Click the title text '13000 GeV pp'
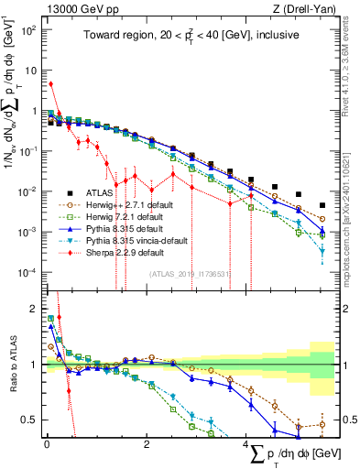[x=67, y=8]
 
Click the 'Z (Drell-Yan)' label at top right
[x=305, y=8]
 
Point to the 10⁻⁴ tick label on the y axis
[x=26, y=272]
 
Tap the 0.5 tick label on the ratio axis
[x=27, y=420]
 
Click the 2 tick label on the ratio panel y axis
[x=32, y=309]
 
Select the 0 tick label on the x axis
[x=47, y=443]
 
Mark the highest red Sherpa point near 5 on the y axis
[x=50, y=84]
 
